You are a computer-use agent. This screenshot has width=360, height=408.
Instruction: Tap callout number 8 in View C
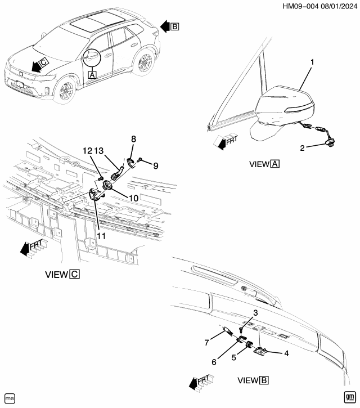(x=133, y=139)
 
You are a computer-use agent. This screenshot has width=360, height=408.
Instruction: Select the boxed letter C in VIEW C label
(x=75, y=275)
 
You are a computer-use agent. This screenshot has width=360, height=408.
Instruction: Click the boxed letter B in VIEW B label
(x=264, y=380)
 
